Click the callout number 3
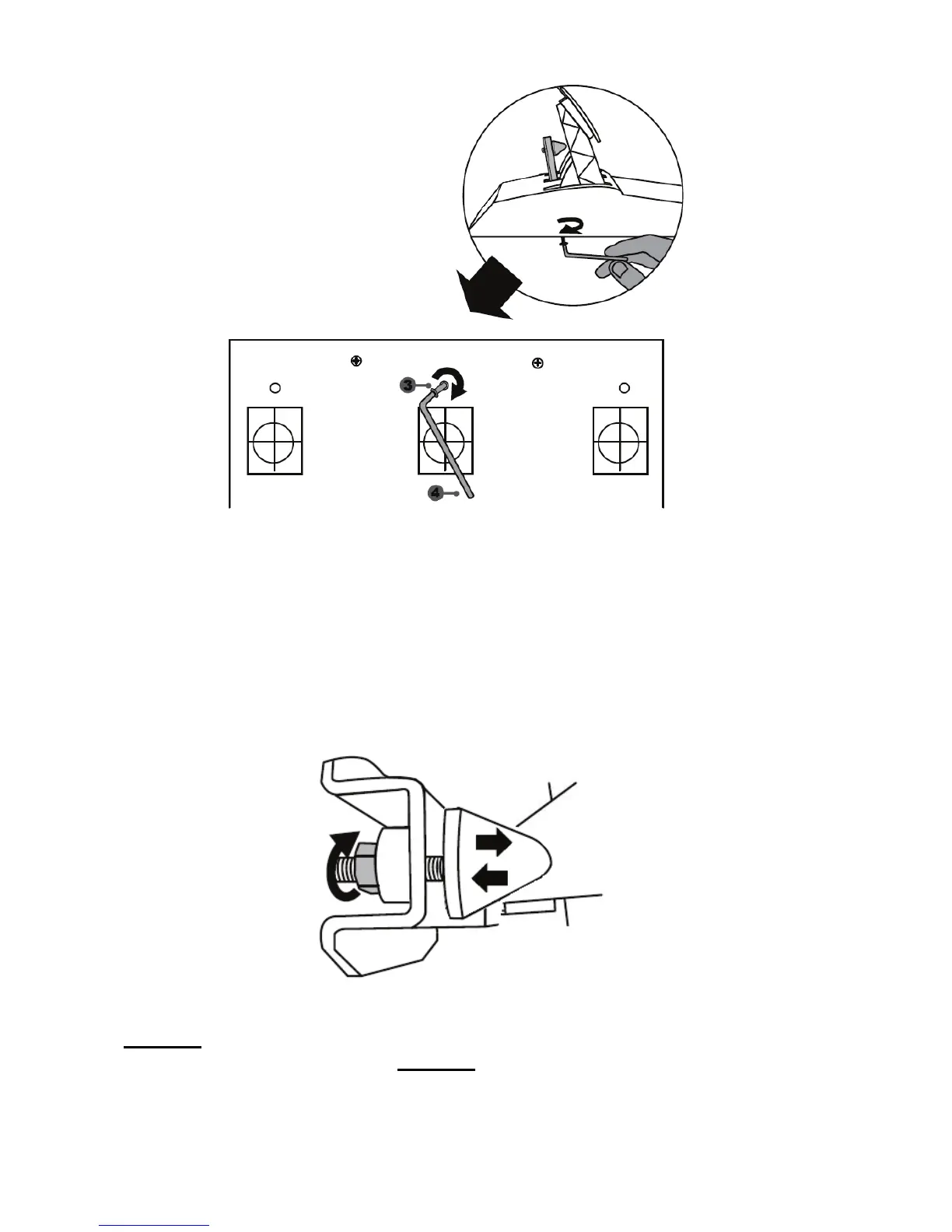(408, 385)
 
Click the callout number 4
(436, 492)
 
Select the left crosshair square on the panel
(275, 440)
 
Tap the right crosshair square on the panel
(620, 440)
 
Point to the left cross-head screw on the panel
(355, 361)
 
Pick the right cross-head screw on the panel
(537, 362)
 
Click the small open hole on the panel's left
(275, 388)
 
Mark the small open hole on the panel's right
(624, 388)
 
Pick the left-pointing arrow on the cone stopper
(490, 878)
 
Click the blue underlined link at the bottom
(154, 1226)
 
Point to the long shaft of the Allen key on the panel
(450, 451)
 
